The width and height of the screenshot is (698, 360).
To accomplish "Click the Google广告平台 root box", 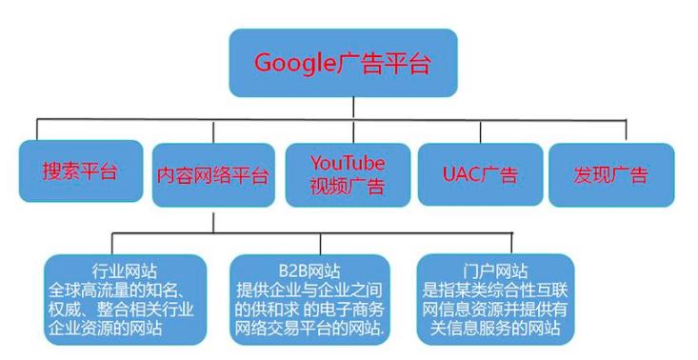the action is pos(343,64).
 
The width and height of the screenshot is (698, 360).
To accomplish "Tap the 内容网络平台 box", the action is pos(213,175).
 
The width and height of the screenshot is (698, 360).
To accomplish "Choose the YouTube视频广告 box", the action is pos(347,174).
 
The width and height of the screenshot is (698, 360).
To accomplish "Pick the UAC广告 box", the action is pos(480,174).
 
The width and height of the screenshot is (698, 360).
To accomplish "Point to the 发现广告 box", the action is pos(610,174).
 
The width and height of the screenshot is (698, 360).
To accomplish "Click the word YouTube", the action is pos(347,162).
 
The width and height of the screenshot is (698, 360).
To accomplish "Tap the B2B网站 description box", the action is pos(308,298).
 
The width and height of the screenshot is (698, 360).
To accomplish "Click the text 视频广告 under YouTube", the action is pos(347,187).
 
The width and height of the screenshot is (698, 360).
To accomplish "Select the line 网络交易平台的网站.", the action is pos(308,330).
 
